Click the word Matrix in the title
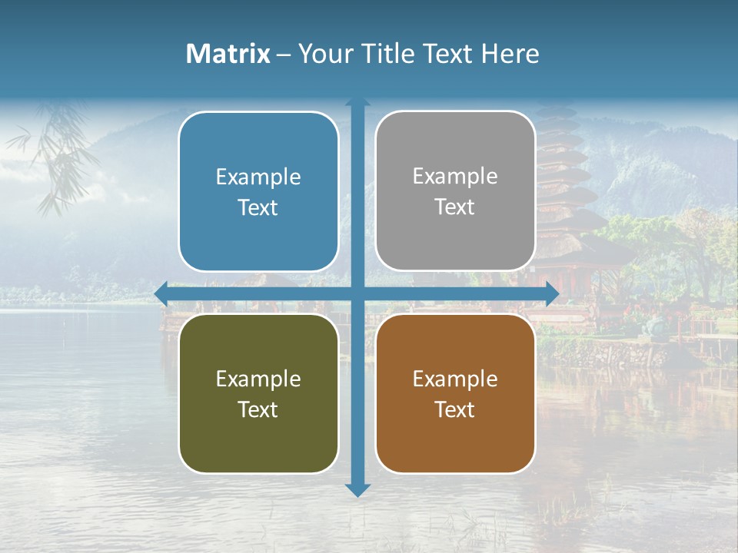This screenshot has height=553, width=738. pyautogui.click(x=228, y=54)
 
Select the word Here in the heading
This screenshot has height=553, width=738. pyautogui.click(x=510, y=54)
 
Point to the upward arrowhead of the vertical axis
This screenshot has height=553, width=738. pyautogui.click(x=357, y=102)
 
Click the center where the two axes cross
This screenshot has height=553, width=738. pyautogui.click(x=357, y=293)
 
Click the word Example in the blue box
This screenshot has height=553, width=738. pyautogui.click(x=258, y=177)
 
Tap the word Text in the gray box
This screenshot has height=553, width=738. pyautogui.click(x=455, y=207)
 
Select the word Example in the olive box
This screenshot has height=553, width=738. pyautogui.click(x=258, y=379)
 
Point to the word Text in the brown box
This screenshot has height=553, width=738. pyautogui.click(x=455, y=409)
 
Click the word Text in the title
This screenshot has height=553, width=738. pyautogui.click(x=447, y=54)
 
